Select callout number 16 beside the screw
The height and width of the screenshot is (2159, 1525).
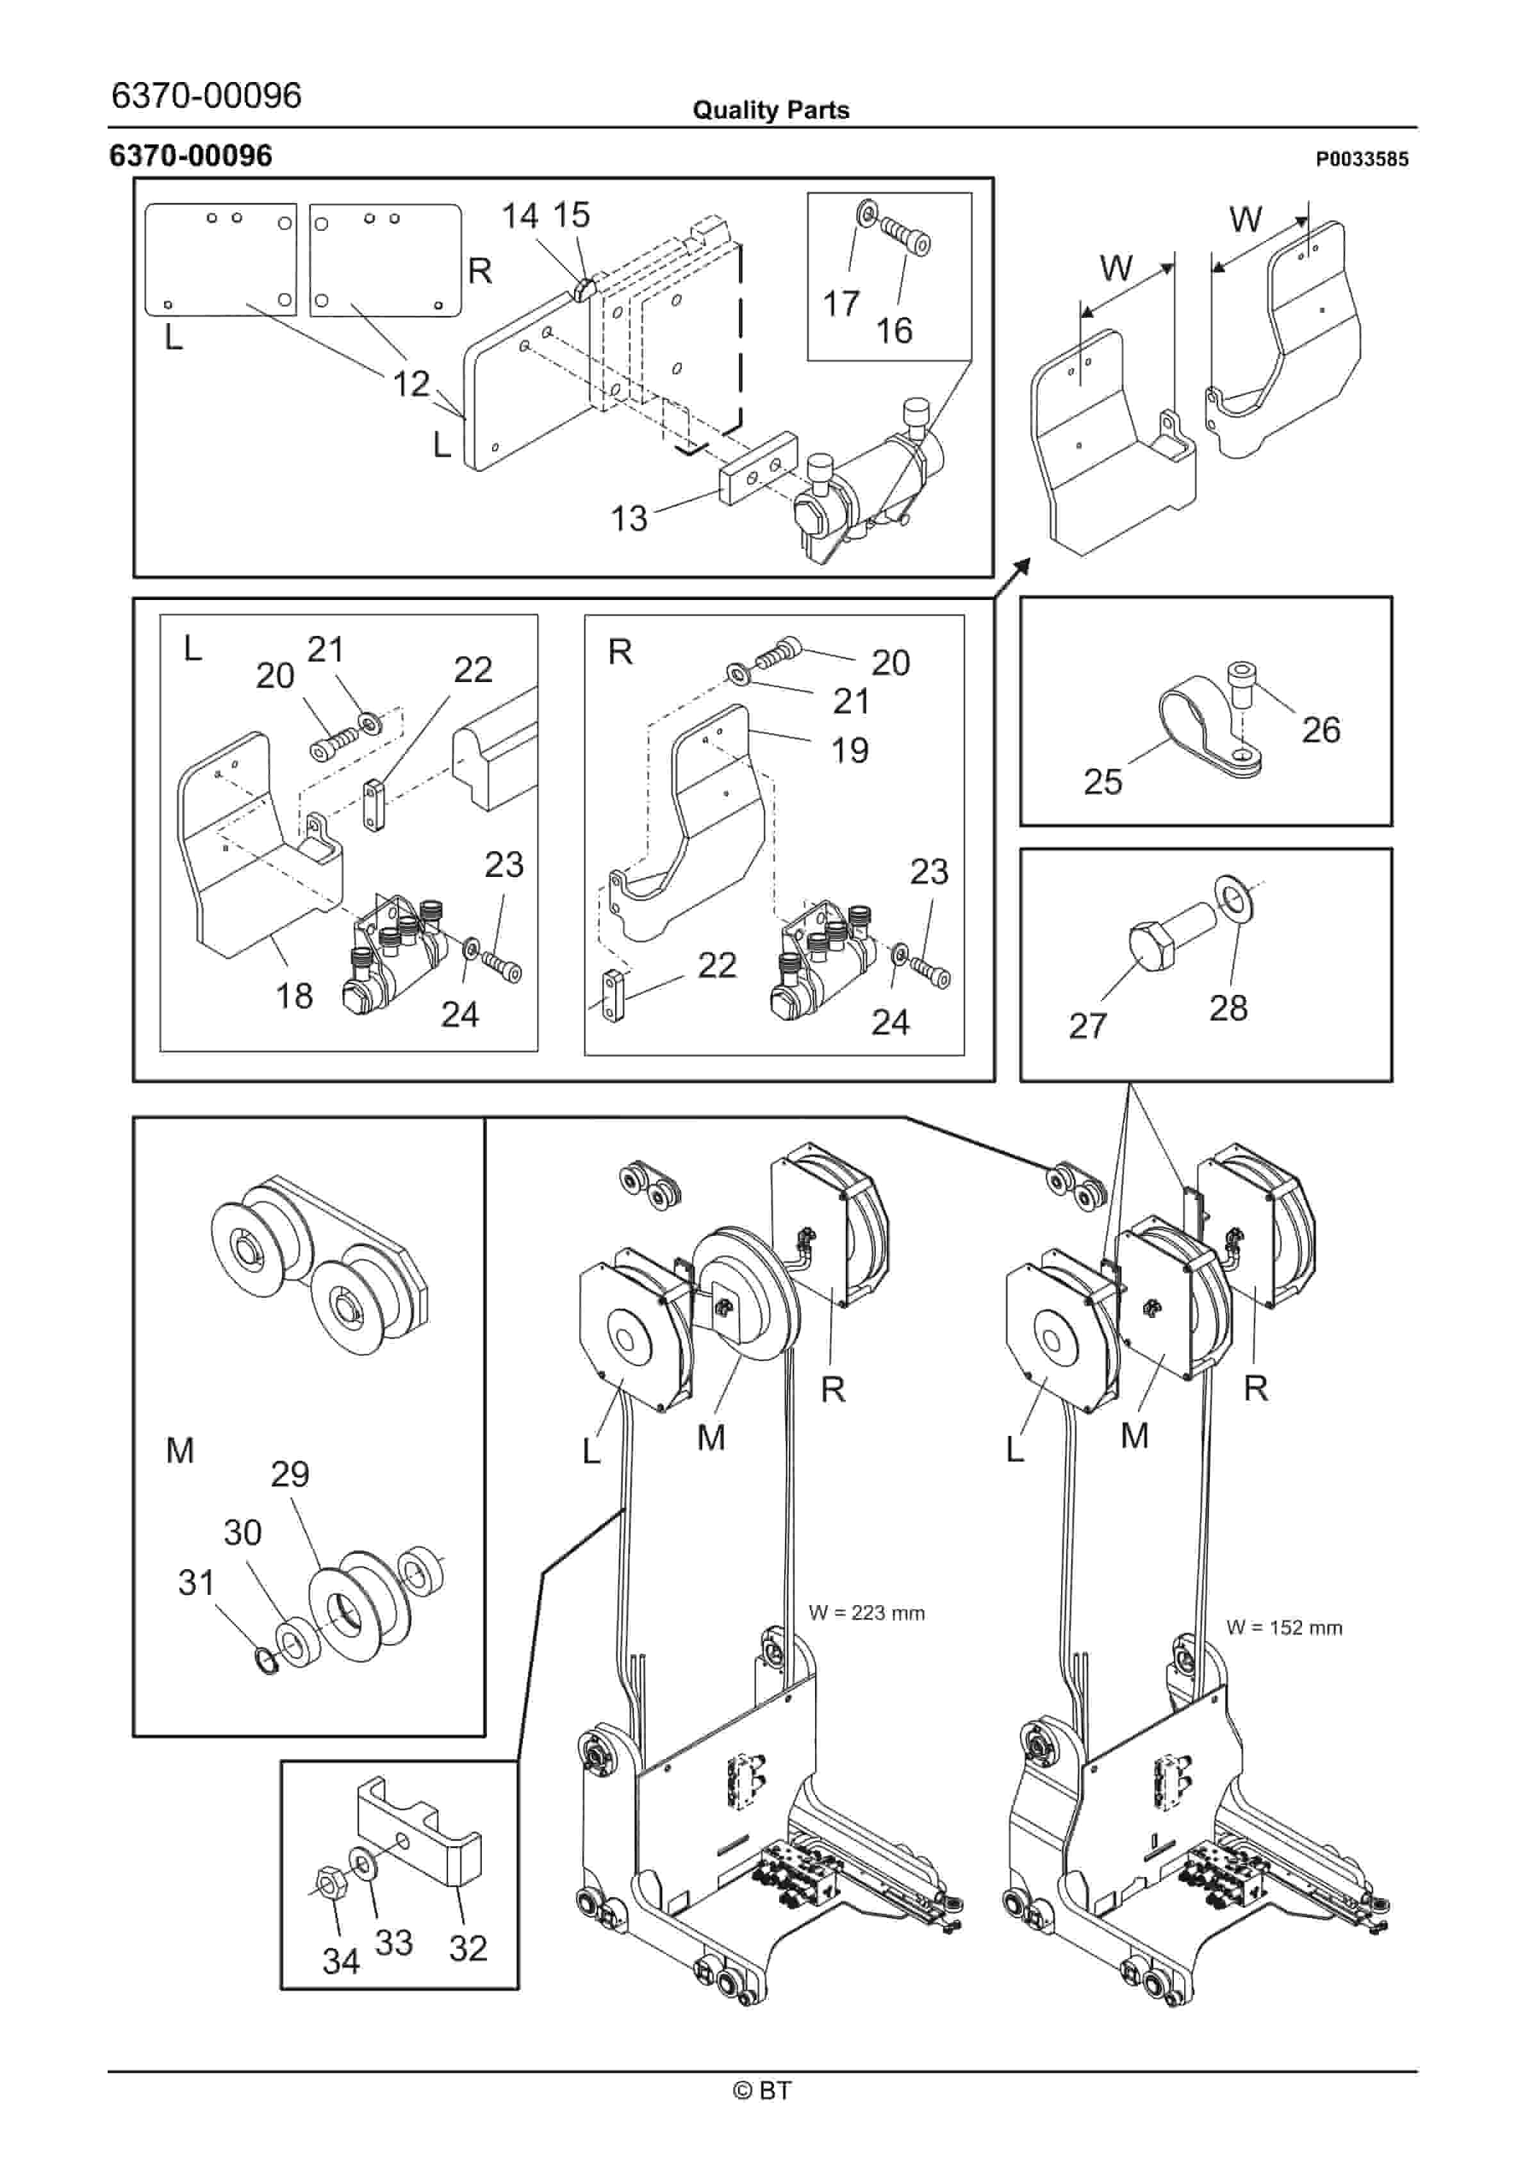pos(893,330)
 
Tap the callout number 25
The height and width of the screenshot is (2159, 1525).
pos(1103,781)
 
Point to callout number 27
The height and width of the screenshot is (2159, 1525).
pos(1088,1026)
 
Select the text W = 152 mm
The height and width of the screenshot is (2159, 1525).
pos(1283,1628)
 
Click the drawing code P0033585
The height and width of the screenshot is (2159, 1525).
pos(1362,159)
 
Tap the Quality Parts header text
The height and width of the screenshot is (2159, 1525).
pos(770,110)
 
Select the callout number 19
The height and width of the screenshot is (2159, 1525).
pos(849,751)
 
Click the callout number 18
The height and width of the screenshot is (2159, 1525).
pos(293,996)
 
